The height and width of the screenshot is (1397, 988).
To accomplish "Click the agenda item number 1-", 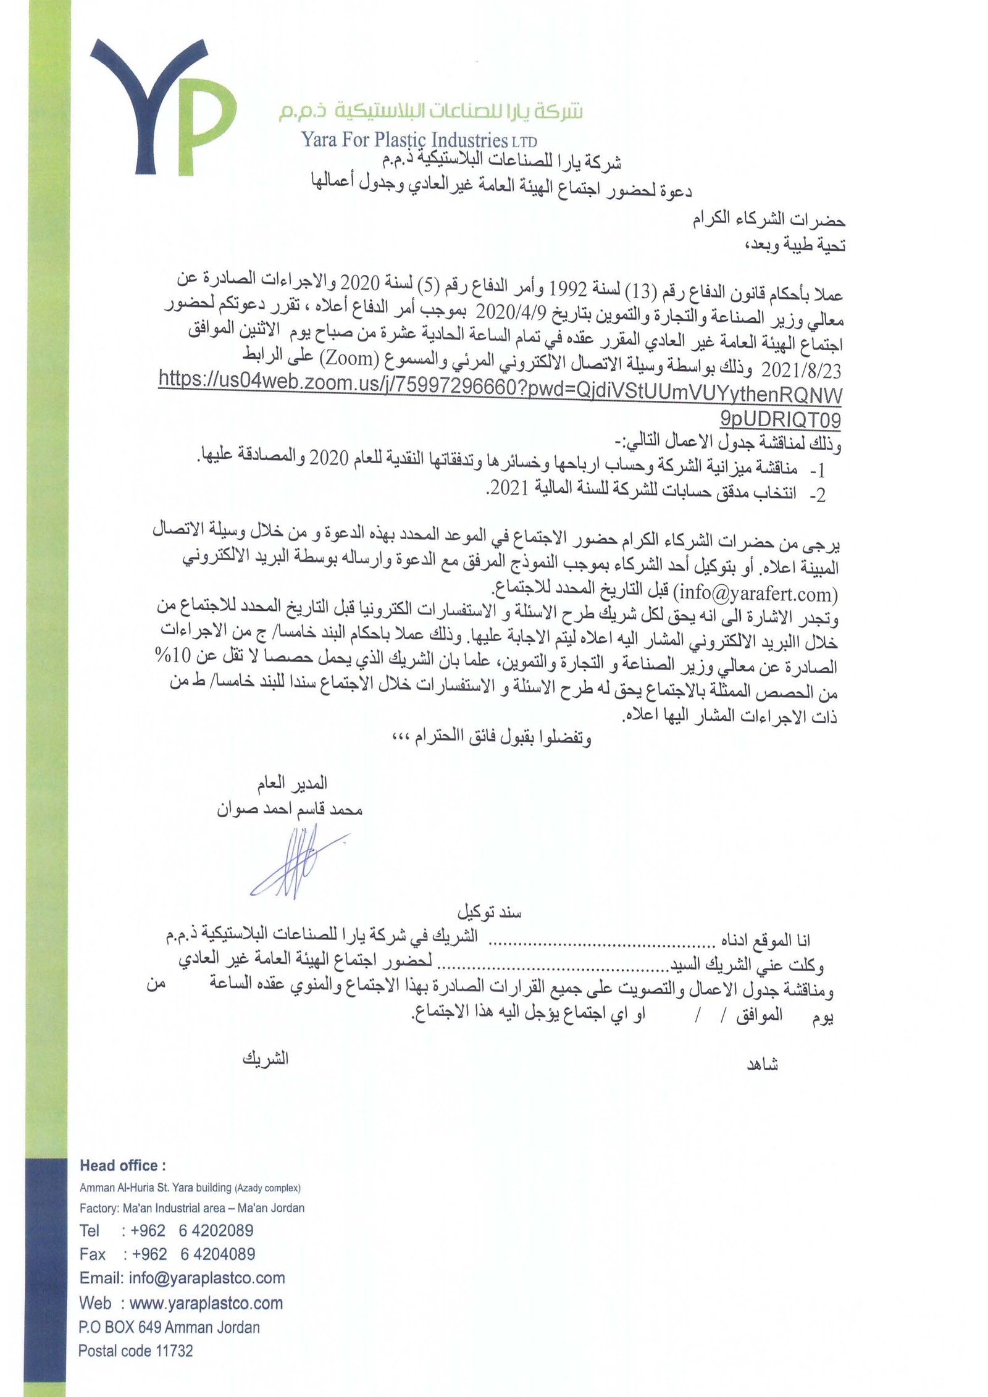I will click(x=816, y=471).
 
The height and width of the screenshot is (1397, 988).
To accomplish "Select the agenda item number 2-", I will click(x=816, y=494).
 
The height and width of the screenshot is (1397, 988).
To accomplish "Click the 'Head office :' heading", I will click(x=122, y=1165).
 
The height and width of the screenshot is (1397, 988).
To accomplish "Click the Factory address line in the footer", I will click(x=191, y=1207).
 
